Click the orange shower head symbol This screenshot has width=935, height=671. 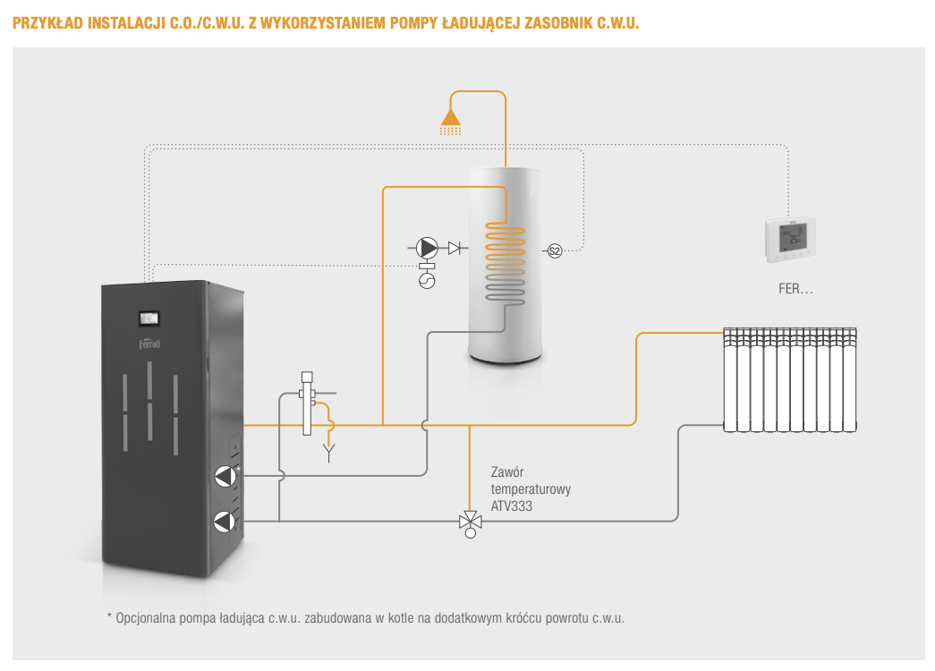coord(451,121)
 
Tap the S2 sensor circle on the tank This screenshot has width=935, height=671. coord(554,251)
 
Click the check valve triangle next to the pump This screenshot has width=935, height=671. coord(455,247)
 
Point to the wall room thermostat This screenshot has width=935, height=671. coord(790,240)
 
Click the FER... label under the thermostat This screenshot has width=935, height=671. coord(795,290)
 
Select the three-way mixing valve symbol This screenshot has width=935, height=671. coord(470,521)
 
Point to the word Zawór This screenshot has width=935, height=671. coord(507,472)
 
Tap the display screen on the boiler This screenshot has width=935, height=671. coord(148,318)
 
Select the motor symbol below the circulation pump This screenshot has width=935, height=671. coord(427,281)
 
